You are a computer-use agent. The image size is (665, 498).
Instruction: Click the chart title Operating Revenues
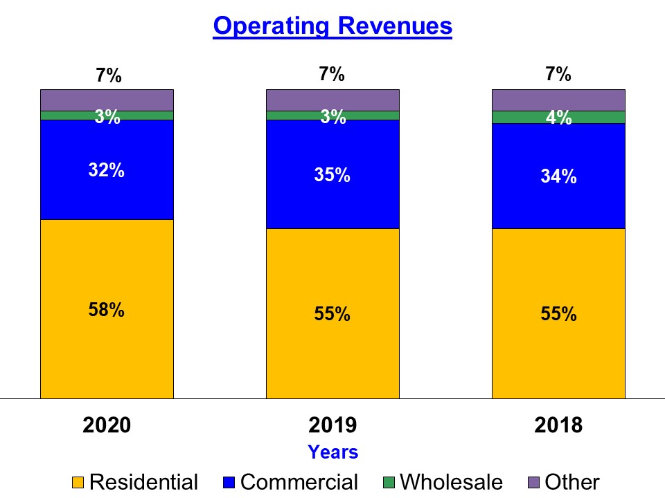coord(332,26)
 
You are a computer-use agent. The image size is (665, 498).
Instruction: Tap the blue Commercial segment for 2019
coord(332,201)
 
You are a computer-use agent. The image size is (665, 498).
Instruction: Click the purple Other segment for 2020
coord(107,100)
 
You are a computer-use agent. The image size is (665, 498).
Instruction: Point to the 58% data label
coord(107,310)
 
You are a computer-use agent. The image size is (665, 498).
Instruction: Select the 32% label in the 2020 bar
coord(107,170)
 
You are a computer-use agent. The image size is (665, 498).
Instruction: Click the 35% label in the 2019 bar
coord(332,175)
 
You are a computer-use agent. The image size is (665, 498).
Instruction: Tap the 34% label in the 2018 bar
coord(558,176)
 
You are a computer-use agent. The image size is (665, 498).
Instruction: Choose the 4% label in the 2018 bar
coord(558,118)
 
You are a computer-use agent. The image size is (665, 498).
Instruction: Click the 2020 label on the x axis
coord(107,425)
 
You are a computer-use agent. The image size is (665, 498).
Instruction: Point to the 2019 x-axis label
coord(332,425)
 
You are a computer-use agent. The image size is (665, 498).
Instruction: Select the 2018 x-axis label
coord(558,425)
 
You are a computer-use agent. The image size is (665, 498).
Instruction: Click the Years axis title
coord(332,452)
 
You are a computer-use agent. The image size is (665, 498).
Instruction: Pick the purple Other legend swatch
coord(534,482)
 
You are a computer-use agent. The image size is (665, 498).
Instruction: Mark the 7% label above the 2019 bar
coord(332,75)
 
